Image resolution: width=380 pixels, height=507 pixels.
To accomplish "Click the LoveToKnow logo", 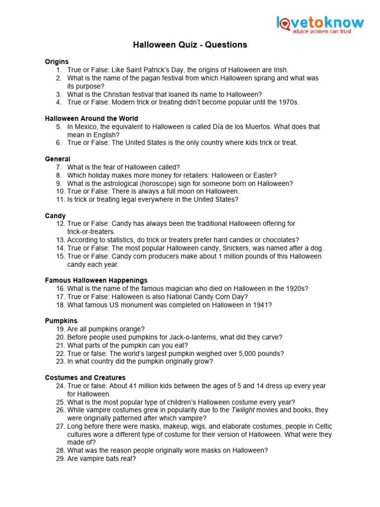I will (x=320, y=23).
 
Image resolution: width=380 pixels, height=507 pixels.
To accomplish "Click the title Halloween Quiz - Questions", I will (x=190, y=45).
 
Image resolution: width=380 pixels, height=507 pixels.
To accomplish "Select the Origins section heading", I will (x=57, y=61).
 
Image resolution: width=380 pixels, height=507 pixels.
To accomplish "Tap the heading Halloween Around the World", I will (x=92, y=118).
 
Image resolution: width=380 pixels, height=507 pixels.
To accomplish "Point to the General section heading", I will (x=57, y=159).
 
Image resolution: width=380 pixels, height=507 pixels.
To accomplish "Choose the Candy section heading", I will (x=55, y=216).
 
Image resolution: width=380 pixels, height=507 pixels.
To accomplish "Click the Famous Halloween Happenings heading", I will (x=96, y=280).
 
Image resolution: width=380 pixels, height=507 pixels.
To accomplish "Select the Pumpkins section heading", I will (x=61, y=321).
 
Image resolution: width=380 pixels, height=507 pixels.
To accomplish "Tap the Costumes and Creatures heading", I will (x=85, y=378).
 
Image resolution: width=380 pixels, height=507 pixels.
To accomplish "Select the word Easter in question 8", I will (x=265, y=175).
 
